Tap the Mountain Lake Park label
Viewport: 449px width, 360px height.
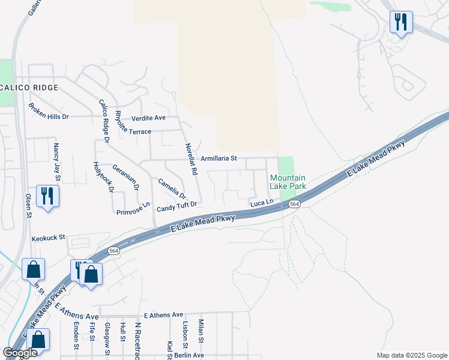[x=288, y=182]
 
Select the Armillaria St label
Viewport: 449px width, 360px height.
[x=219, y=158]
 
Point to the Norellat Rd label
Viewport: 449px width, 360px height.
[x=191, y=159]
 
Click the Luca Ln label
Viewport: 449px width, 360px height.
[x=262, y=204]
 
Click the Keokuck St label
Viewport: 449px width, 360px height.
[x=48, y=238]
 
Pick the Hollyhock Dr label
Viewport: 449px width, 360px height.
[x=104, y=178]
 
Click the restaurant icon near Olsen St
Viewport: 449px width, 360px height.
[x=47, y=195]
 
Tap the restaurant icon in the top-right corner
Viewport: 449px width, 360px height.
[x=400, y=22]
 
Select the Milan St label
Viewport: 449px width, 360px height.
[x=201, y=332]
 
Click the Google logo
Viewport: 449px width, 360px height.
[x=20, y=353]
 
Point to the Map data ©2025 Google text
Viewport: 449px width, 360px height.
[x=412, y=355]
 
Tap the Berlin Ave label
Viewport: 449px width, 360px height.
[x=189, y=355]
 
